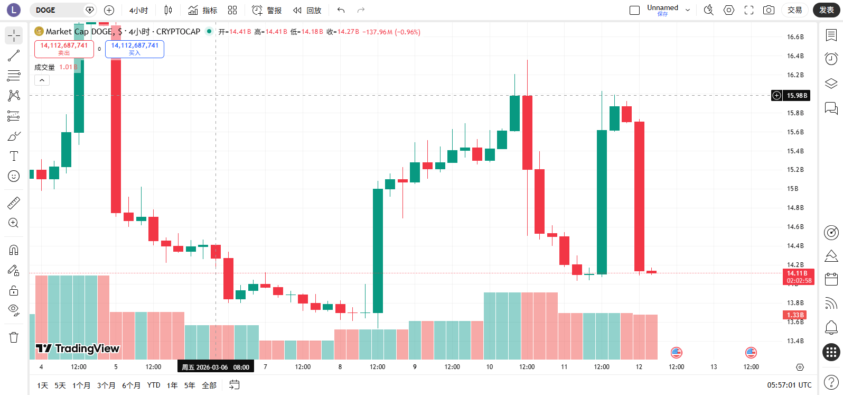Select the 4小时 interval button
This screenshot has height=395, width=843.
pyautogui.click(x=138, y=10)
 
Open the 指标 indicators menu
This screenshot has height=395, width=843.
pyautogui.click(x=203, y=10)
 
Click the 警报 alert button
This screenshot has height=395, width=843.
pyautogui.click(x=267, y=10)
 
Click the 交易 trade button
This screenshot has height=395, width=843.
pyautogui.click(x=794, y=10)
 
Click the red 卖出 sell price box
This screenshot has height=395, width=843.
pyautogui.click(x=64, y=49)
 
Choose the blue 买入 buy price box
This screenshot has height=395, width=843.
pyautogui.click(x=135, y=49)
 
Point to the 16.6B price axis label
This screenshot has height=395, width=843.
pyautogui.click(x=795, y=37)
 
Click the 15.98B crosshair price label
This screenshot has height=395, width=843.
pyautogui.click(x=797, y=96)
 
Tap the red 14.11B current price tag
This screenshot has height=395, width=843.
pyautogui.click(x=799, y=277)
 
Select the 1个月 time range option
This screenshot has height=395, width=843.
pyautogui.click(x=81, y=385)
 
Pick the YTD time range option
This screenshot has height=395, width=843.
pyautogui.click(x=154, y=385)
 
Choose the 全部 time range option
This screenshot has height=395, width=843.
pyautogui.click(x=209, y=385)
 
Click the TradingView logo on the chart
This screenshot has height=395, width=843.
pyautogui.click(x=78, y=348)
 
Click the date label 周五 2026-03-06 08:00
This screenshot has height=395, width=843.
pyautogui.click(x=216, y=367)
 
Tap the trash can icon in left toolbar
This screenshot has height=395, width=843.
pyautogui.click(x=14, y=337)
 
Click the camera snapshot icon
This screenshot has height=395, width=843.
pyautogui.click(x=769, y=10)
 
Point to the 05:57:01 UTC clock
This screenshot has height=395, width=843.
pyautogui.click(x=789, y=385)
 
